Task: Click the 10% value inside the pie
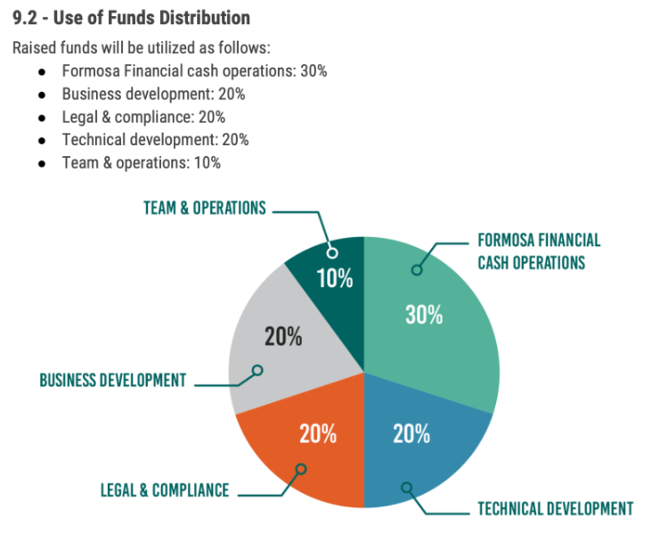coord(335,278)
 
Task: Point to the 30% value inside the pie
coord(424,315)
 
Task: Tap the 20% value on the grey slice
coord(283,337)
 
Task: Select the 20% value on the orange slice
coord(318,434)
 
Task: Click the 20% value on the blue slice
coord(411,434)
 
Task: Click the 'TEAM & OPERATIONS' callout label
coord(205,208)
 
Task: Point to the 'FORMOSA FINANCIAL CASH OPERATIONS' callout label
coord(539,251)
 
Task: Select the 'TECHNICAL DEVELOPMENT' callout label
coord(555,509)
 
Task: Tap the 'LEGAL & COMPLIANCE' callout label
coord(164,490)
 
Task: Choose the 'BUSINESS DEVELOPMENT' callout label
coord(113,380)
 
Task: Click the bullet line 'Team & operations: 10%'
coord(141,163)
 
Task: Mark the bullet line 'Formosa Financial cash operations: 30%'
coord(194,70)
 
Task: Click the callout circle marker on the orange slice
coord(301,468)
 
